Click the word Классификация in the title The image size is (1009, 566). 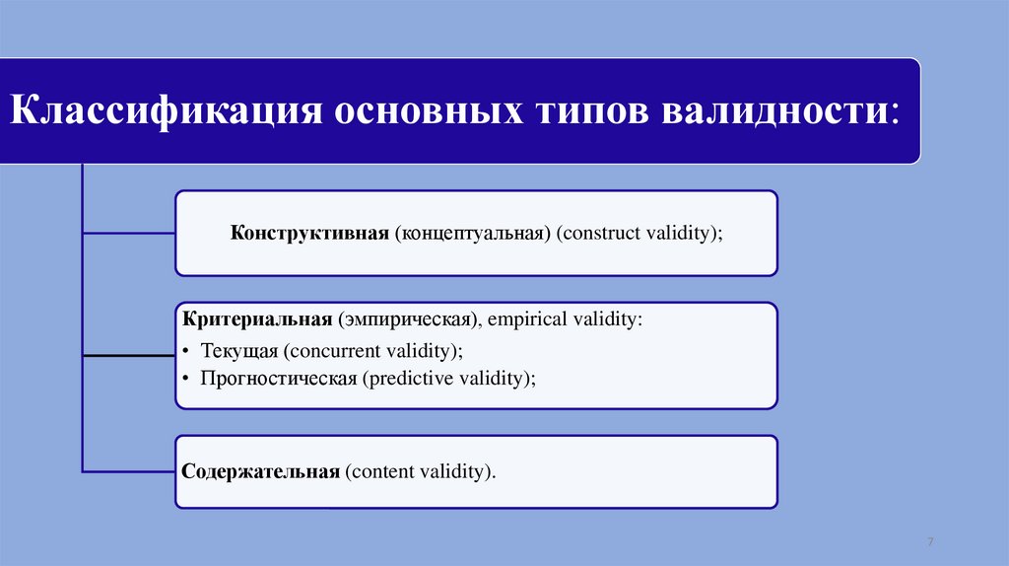click(x=166, y=110)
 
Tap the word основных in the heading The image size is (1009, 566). click(x=429, y=110)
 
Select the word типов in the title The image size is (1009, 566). click(x=592, y=110)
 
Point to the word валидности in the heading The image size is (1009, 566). click(x=775, y=110)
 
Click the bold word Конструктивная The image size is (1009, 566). click(x=309, y=233)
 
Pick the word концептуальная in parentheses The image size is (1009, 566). click(x=473, y=233)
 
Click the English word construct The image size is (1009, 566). click(x=598, y=233)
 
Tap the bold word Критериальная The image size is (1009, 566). click(x=257, y=319)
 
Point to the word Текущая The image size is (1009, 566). click(x=238, y=352)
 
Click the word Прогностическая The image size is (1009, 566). click(x=279, y=378)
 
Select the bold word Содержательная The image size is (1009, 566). click(x=260, y=471)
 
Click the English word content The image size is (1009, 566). click(x=379, y=471)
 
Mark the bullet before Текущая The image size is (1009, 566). click(x=185, y=351)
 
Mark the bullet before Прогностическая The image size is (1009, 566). click(x=185, y=378)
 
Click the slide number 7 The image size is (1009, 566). click(x=930, y=541)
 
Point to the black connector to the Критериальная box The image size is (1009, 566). click(x=129, y=355)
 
